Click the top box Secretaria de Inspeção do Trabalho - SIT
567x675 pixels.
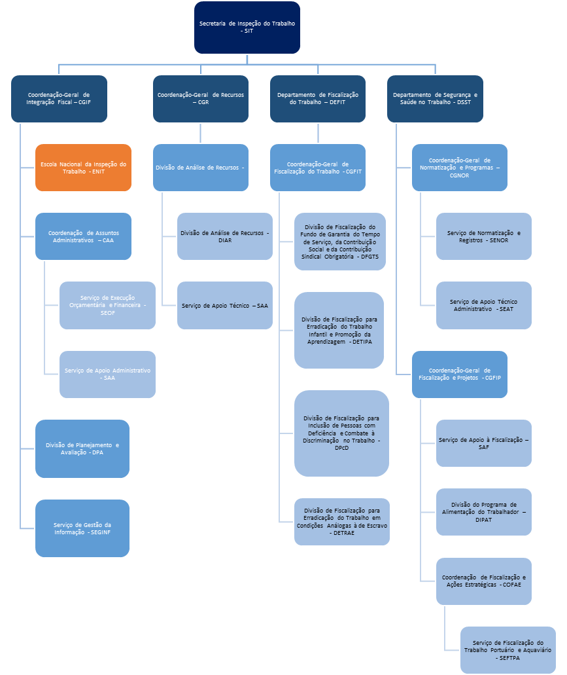pyautogui.click(x=247, y=27)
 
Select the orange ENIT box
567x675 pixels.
pyautogui.click(x=83, y=168)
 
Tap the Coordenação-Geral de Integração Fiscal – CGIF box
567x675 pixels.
pyautogui.click(x=59, y=98)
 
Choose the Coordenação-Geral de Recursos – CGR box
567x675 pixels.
pyautogui.click(x=201, y=98)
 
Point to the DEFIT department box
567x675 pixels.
pyautogui.click(x=318, y=98)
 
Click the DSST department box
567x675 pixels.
pyautogui.click(x=435, y=98)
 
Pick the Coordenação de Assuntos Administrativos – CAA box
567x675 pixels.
pyautogui.click(x=83, y=236)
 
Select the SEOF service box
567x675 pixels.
pyautogui.click(x=107, y=305)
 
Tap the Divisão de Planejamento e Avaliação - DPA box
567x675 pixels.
pyautogui.click(x=82, y=448)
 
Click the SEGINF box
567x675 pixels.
pyautogui.click(x=82, y=528)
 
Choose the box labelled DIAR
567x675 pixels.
pyautogui.click(x=225, y=236)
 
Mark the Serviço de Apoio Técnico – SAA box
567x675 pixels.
pyautogui.click(x=225, y=305)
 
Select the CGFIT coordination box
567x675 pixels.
pyautogui.click(x=318, y=168)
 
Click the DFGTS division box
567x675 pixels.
pyautogui.click(x=340, y=242)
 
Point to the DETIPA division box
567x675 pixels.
pyautogui.click(x=339, y=330)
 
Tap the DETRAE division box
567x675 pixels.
pyautogui.click(x=342, y=522)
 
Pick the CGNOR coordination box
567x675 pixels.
pyautogui.click(x=460, y=168)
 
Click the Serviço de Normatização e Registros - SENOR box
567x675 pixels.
pyautogui.click(x=484, y=236)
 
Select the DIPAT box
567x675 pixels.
pyautogui.click(x=484, y=512)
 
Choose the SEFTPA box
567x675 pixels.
pyautogui.click(x=508, y=650)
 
